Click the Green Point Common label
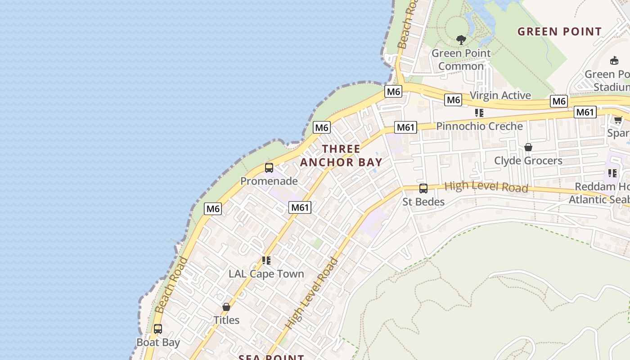click(x=461, y=60)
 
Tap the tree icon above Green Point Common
click(x=461, y=40)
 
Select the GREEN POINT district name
click(x=559, y=31)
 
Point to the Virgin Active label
click(x=500, y=95)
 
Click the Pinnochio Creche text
click(x=479, y=126)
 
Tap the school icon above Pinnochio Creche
click(x=479, y=113)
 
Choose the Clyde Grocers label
click(x=528, y=161)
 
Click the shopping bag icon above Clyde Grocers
click(x=528, y=147)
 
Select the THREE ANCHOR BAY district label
click(x=341, y=156)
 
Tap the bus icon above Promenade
click(x=269, y=168)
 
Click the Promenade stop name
click(x=269, y=181)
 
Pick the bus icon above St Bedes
click(x=423, y=189)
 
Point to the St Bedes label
click(x=423, y=202)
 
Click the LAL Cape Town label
click(x=266, y=274)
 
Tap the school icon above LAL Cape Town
click(x=266, y=261)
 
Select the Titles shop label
click(x=226, y=320)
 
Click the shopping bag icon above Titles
click(x=226, y=307)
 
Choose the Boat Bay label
click(x=158, y=342)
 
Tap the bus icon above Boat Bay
click(x=158, y=329)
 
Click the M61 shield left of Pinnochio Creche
click(x=405, y=127)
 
